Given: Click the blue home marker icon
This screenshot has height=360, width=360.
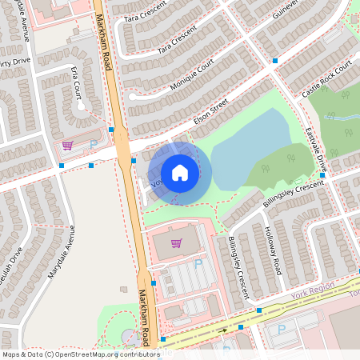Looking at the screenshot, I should [179, 172].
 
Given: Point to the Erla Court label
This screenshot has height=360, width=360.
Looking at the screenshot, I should [78, 94].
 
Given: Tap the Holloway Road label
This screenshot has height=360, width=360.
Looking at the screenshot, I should [273, 249].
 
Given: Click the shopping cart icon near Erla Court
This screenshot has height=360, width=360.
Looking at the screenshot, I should [67, 146].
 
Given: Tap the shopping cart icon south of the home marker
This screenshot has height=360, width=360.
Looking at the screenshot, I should [176, 243].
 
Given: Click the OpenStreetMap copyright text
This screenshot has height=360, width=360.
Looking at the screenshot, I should [80, 354].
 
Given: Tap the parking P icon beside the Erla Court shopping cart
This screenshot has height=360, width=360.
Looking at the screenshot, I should [93, 145].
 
